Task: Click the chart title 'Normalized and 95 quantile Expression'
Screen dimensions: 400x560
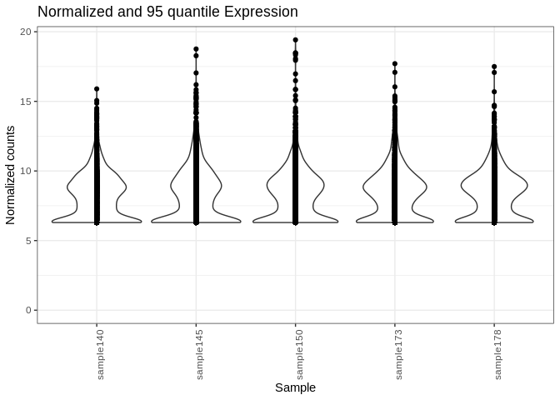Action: [x=167, y=12]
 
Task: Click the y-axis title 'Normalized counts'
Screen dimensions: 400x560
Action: [x=11, y=175]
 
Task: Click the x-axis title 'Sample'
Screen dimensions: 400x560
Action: [x=295, y=387]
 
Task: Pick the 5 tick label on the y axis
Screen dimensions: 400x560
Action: [x=29, y=241]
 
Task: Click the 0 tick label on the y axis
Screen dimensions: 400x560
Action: [x=29, y=310]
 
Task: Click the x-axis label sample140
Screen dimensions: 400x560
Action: [x=100, y=355]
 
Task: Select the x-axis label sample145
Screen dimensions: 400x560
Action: [x=199, y=355]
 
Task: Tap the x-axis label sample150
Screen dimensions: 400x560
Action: [x=299, y=355]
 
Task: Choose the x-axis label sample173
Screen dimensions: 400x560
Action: [x=398, y=355]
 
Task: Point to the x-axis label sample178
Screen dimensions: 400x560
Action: [x=497, y=355]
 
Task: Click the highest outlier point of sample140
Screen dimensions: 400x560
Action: [x=97, y=88]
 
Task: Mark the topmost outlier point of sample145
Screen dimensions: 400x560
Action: [x=196, y=49]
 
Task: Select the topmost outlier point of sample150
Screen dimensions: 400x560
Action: [x=295, y=40]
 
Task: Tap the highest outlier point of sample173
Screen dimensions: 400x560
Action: [x=395, y=64]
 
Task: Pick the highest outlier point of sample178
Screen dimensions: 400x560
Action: [x=494, y=67]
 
